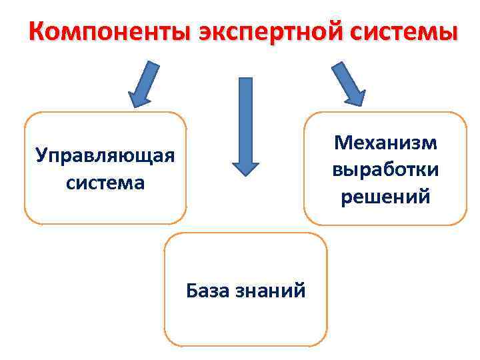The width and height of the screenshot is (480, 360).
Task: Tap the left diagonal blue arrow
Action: click(145, 84)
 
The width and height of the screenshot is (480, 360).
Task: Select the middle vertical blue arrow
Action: click(245, 123)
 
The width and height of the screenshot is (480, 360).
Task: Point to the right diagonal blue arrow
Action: click(348, 83)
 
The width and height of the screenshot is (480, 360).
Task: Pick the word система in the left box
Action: click(105, 182)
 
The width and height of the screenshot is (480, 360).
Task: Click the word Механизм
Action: click(386, 143)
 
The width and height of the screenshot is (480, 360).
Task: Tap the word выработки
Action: click(386, 169)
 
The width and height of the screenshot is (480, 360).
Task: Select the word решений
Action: click(386, 196)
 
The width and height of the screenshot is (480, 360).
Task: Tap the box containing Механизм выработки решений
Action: click(386, 213)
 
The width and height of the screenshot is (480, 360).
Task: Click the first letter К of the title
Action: click(39, 32)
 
